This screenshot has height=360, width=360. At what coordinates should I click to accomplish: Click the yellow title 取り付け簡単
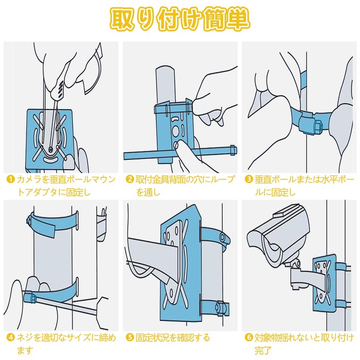[180, 19]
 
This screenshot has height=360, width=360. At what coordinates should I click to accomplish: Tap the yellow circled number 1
[10, 179]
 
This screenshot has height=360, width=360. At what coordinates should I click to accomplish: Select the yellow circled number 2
[130, 179]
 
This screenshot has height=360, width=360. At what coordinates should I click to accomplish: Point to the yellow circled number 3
[249, 179]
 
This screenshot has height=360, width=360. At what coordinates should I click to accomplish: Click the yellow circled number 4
[10, 337]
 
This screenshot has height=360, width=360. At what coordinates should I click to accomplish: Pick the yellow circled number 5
[130, 337]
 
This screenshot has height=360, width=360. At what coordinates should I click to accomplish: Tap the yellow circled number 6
[249, 337]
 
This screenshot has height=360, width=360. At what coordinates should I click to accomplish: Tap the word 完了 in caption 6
[263, 351]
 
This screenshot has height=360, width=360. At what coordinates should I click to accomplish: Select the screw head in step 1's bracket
[50, 149]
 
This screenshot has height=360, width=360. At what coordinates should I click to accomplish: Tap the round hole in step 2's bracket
[175, 130]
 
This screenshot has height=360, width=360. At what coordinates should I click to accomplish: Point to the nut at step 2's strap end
[232, 149]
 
